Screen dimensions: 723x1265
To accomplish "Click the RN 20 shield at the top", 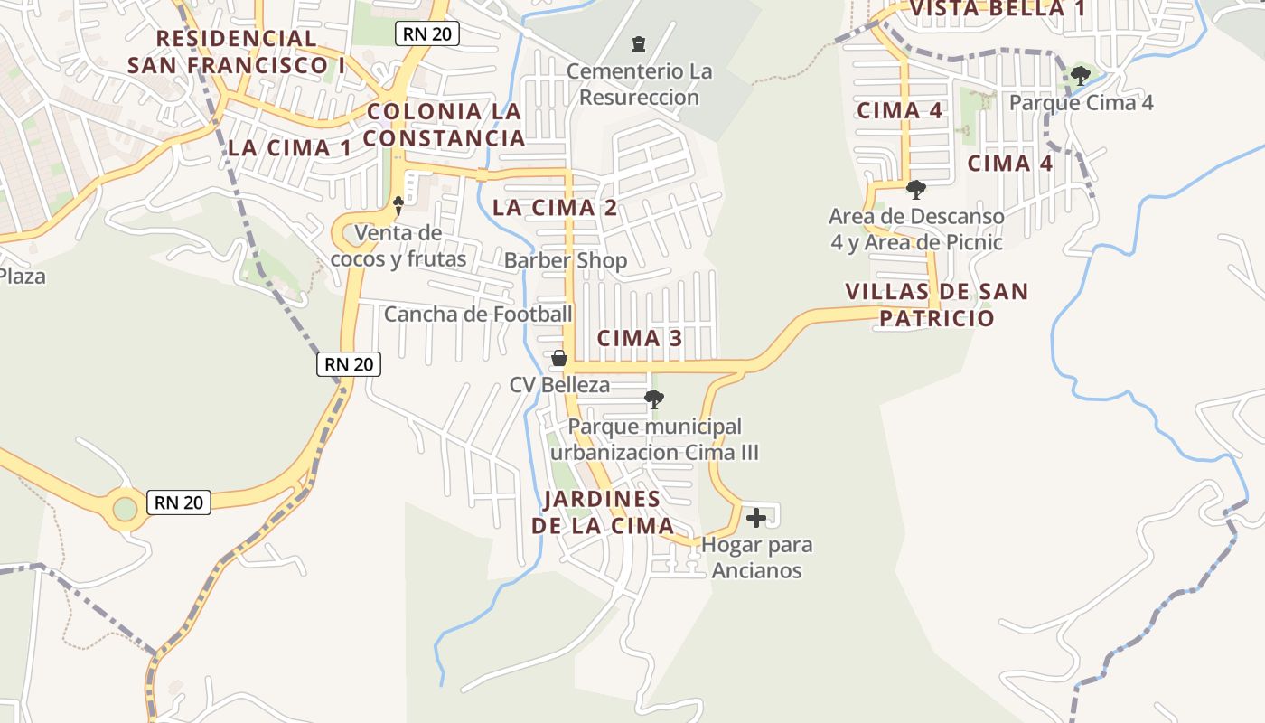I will point(427,34).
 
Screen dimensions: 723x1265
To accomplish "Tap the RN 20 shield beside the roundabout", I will point(179,502).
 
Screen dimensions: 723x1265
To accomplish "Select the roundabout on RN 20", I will point(125,510).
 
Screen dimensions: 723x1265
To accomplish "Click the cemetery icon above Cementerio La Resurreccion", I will point(639,43).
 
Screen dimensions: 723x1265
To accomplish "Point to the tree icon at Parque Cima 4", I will point(1080,75).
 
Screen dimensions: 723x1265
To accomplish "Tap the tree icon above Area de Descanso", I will point(915,190).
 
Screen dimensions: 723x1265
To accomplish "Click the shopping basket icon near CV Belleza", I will point(559,359).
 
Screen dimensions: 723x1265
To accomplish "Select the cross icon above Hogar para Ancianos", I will point(756,518).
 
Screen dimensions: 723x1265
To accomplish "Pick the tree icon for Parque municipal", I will point(654,399).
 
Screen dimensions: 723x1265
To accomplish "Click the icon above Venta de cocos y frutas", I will point(398,206).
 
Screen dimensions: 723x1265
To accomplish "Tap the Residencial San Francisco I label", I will point(237,52).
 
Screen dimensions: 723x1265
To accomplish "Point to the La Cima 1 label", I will point(289,148).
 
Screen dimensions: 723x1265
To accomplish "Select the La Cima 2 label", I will point(555,208).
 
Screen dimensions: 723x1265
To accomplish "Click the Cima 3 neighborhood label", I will point(640,339).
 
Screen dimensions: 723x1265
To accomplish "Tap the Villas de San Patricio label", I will point(937,305).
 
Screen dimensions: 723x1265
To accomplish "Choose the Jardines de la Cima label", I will point(603,512).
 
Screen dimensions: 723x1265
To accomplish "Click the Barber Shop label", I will point(566,261).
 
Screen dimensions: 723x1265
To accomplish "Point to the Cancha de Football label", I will point(478,315).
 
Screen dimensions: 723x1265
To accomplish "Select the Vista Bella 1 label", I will point(997,9).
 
